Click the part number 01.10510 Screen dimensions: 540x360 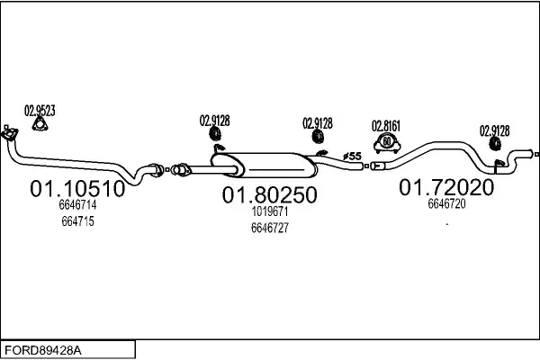(x=77, y=189)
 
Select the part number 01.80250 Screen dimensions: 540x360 (x=270, y=195)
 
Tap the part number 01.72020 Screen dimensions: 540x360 (x=446, y=187)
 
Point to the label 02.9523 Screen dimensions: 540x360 (x=40, y=111)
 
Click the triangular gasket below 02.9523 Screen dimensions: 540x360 (x=40, y=124)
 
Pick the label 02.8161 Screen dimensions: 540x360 (x=386, y=126)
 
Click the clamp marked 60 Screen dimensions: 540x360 (x=387, y=142)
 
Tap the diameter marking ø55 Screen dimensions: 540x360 (x=352, y=157)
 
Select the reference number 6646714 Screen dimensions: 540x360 (x=77, y=204)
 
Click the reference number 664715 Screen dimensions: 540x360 (x=77, y=221)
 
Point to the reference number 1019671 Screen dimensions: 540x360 (x=270, y=211)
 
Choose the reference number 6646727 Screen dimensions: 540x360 (x=270, y=228)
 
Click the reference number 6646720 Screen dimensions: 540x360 (x=446, y=203)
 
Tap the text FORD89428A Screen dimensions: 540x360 (x=43, y=350)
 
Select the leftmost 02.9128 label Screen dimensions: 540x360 (x=214, y=121)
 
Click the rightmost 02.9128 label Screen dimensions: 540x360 (x=494, y=130)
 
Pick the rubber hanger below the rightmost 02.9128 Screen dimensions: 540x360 (x=495, y=144)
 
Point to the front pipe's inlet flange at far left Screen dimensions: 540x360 (x=9, y=134)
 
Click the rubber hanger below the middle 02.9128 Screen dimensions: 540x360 (x=319, y=136)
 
